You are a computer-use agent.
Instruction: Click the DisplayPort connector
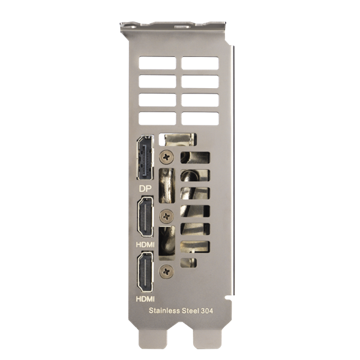145,158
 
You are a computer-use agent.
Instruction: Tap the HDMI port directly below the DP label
145,217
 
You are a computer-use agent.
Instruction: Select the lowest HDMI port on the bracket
145,272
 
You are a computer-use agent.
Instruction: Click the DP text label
145,189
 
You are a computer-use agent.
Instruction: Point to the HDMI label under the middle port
145,245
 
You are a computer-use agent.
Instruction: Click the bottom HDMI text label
145,299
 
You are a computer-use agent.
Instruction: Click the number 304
207,311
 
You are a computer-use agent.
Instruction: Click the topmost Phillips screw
166,157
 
